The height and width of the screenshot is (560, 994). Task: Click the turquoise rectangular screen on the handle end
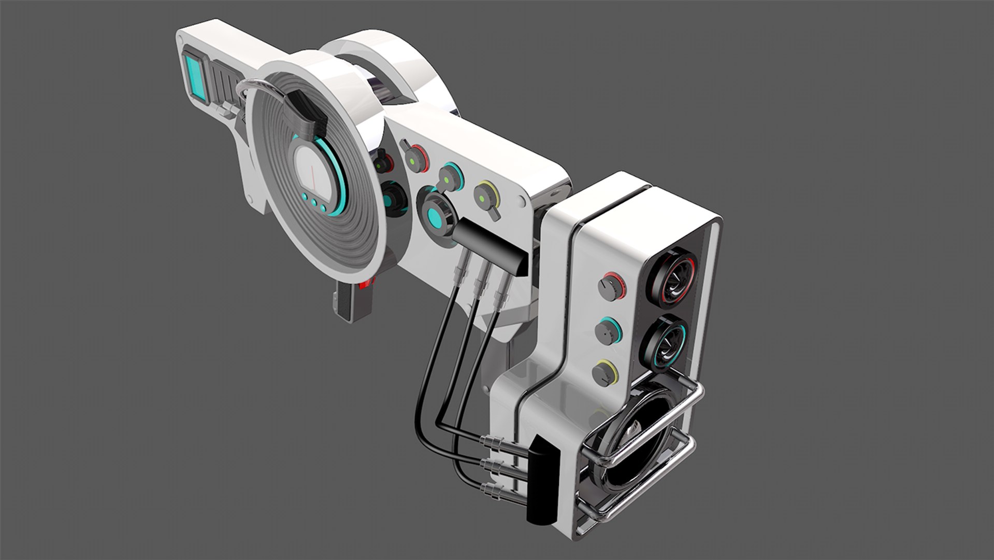194,78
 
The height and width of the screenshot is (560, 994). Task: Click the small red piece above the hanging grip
369,283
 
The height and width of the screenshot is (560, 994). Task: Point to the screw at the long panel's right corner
522,200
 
